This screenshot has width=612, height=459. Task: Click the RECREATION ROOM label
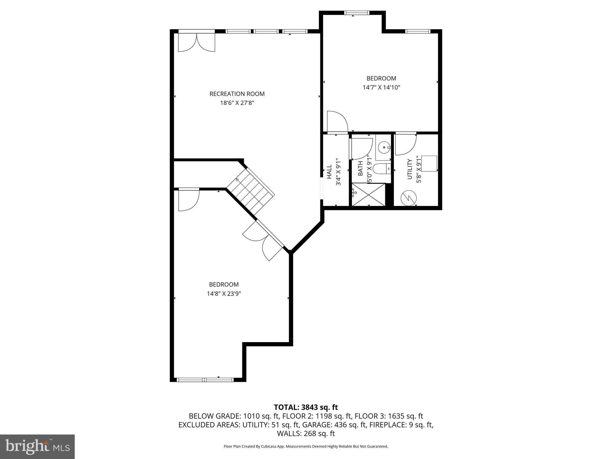(237, 94)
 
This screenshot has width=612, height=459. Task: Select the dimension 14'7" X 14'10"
(381, 88)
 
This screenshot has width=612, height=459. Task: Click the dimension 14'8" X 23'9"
(224, 294)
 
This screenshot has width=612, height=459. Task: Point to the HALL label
(329, 172)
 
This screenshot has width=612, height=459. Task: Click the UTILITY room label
(410, 169)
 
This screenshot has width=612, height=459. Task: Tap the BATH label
(360, 168)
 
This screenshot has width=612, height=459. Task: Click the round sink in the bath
(384, 147)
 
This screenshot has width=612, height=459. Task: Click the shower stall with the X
(368, 195)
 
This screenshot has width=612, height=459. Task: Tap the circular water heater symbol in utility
(408, 198)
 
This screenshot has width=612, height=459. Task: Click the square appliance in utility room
(429, 163)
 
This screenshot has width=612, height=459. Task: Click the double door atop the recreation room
(197, 42)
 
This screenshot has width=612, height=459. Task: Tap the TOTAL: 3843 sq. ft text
(306, 407)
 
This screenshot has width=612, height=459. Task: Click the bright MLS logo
(37, 446)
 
